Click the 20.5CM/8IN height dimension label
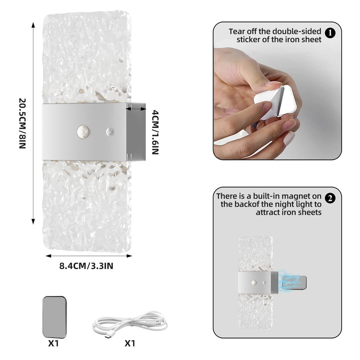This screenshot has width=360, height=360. [x=22, y=123]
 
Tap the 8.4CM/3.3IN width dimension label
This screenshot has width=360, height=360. [x=86, y=266]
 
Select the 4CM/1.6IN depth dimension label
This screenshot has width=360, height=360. [x=155, y=132]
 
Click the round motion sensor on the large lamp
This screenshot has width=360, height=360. [x=83, y=132]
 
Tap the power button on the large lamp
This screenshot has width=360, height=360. [x=110, y=132]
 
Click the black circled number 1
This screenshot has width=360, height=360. [x=330, y=33]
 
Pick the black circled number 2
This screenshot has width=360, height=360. [x=330, y=198]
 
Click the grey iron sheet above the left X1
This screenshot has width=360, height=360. [x=54, y=317]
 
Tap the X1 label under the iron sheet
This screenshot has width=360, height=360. [x=53, y=343]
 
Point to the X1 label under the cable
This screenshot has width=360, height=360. [x=130, y=343]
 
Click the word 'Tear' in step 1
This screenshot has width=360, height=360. [x=236, y=31]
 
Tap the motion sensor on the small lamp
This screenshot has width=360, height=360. [x=254, y=282]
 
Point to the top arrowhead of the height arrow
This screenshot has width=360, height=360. [x=33, y=25]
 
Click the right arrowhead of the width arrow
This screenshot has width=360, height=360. [x=129, y=256]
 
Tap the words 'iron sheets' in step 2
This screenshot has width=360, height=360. [x=288, y=212]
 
